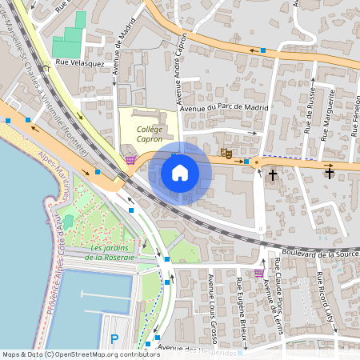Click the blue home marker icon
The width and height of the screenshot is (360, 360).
point(180,172)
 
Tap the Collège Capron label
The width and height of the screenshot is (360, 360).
point(149,134)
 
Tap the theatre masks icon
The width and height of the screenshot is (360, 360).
point(226,151)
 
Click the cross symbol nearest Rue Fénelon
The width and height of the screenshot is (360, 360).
point(329,172)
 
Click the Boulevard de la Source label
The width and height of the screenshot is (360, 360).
point(309,254)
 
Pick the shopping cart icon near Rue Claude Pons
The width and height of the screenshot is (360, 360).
point(258,273)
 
